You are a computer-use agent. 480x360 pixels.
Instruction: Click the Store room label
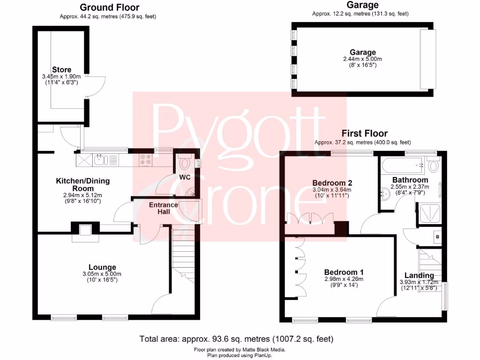click(x=61, y=70)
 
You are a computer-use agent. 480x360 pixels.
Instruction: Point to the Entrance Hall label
click(x=163, y=208)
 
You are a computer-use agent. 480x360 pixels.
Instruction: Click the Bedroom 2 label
click(x=332, y=183)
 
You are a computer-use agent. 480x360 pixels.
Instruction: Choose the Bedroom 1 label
click(x=344, y=272)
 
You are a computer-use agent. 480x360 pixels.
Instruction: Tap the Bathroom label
click(x=410, y=180)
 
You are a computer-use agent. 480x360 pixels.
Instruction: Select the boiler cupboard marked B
click(x=437, y=237)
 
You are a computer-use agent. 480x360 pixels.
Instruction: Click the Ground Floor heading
click(x=109, y=7)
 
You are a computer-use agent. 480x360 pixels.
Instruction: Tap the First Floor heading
click(x=364, y=133)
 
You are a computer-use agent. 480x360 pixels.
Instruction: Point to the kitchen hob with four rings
click(x=145, y=160)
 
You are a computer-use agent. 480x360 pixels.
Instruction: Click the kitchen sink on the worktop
click(x=102, y=160)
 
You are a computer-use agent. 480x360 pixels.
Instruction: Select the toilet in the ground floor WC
click(x=185, y=163)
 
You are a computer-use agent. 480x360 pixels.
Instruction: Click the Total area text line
click(x=236, y=338)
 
